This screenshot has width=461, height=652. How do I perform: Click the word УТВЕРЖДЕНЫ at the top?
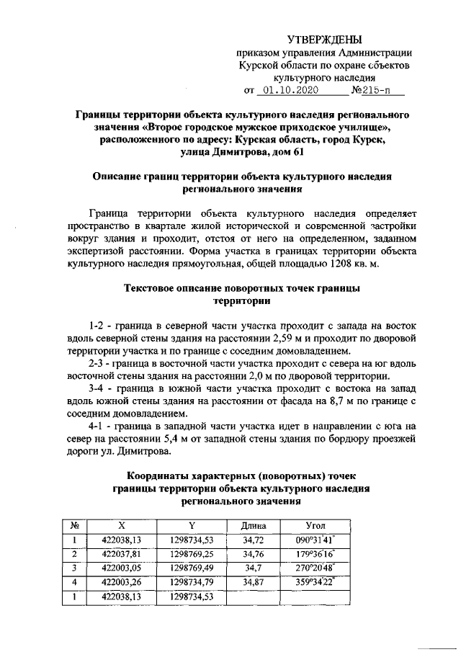324,39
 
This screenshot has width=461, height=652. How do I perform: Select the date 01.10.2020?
289,91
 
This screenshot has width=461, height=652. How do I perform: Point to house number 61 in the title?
299,152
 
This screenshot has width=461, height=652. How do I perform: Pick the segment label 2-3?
97,363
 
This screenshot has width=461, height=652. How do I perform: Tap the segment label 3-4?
97,388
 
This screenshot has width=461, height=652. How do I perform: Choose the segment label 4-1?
97,426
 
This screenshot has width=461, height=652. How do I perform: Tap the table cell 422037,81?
121,553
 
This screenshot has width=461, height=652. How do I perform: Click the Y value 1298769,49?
192,568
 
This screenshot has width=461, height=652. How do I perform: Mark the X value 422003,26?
121,581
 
